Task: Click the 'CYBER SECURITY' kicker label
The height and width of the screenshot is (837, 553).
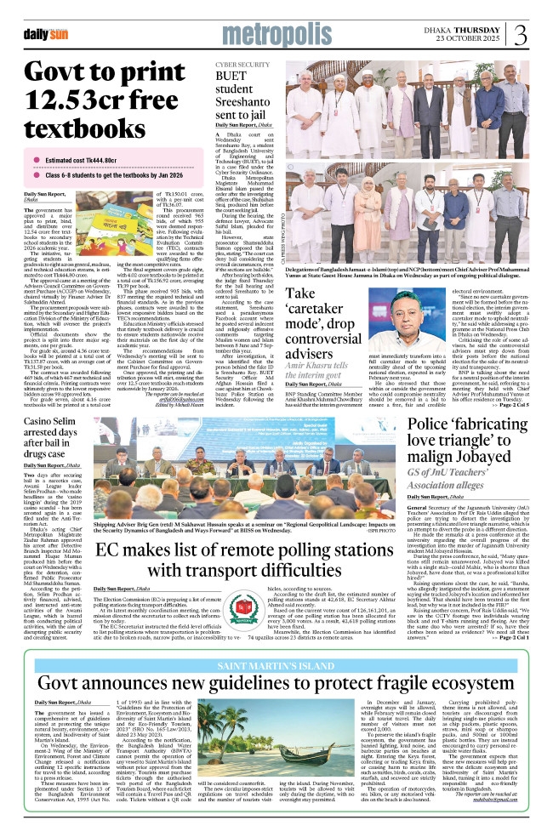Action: pyautogui.click(x=242, y=65)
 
